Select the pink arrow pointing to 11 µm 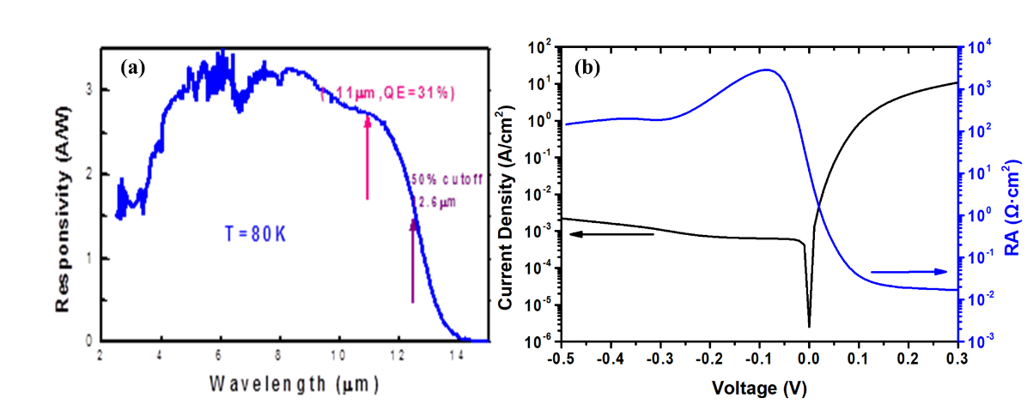368,158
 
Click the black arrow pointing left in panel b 611,233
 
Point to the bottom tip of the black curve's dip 809,327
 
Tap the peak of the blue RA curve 766,70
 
